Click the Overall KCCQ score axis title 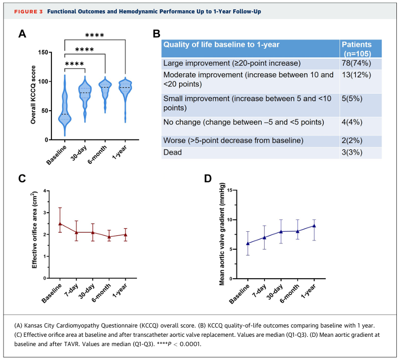point(33,96)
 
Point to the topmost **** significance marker point(95,36)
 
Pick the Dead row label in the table point(173,152)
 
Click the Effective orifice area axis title point(34,234)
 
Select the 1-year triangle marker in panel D point(315,226)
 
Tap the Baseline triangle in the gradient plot point(248,244)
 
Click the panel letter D point(207,179)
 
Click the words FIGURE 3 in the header point(23,11)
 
